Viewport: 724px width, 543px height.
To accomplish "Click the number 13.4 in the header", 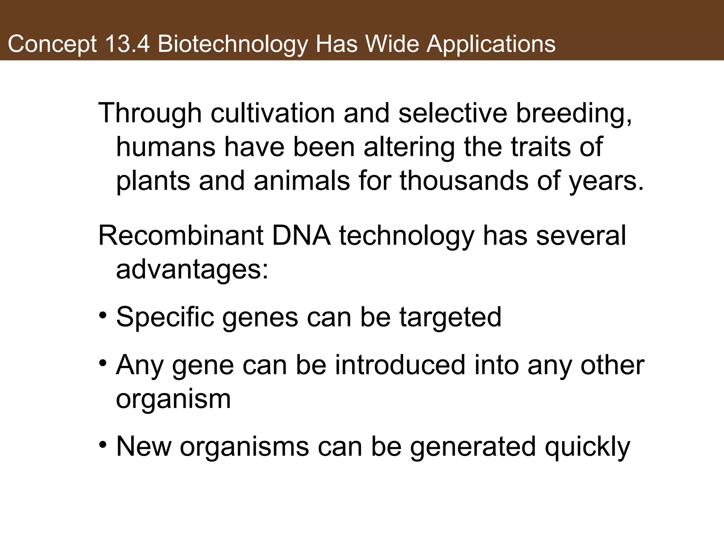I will pos(127,44).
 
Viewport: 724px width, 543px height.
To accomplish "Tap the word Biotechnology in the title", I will pos(233,45).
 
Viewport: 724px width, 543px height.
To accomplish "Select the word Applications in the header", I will pos(491,45).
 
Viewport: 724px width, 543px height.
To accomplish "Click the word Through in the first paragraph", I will pos(150,113).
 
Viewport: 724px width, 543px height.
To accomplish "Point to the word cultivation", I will pos(273,113).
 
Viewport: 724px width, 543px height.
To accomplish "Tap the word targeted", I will pos(450,317).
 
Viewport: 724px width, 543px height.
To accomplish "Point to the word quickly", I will pos(587,448).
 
